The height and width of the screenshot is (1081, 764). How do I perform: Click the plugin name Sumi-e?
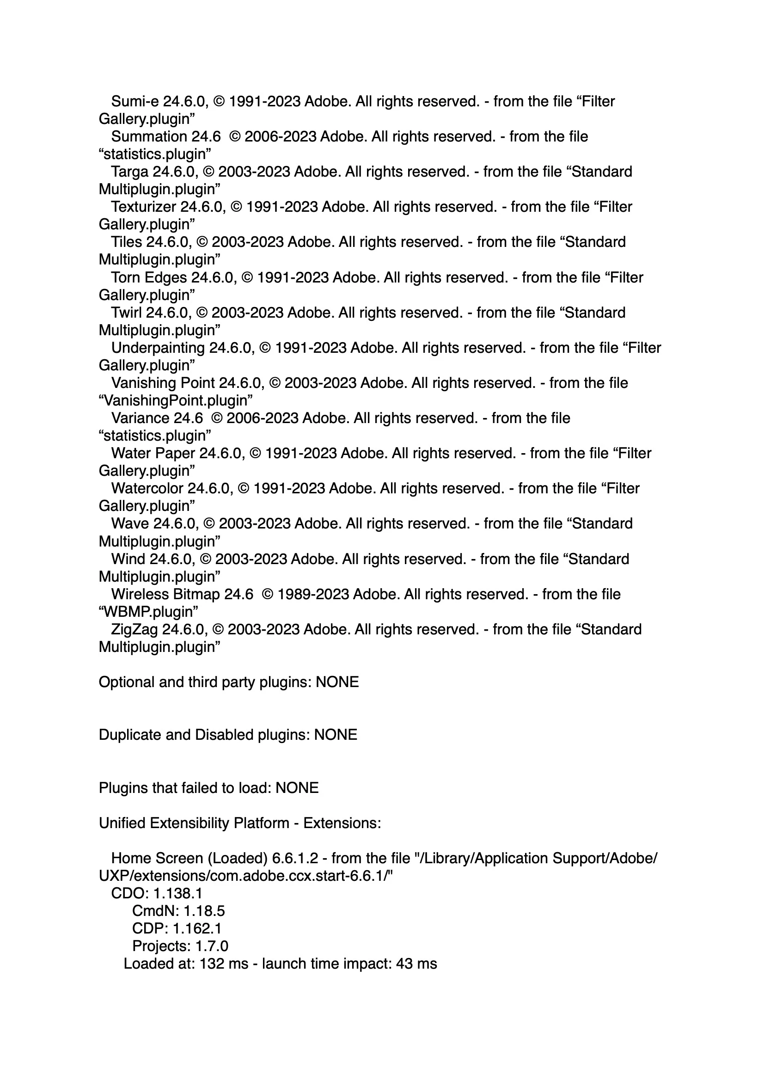(x=135, y=102)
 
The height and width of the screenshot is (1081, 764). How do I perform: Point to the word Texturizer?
(x=144, y=207)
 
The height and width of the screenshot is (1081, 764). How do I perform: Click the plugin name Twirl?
(x=126, y=313)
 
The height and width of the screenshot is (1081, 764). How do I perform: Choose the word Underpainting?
(x=158, y=348)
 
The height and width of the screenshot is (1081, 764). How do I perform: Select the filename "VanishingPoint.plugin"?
(x=176, y=401)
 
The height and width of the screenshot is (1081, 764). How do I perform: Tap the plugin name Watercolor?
(x=147, y=488)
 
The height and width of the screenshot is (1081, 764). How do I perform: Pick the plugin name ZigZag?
(x=134, y=629)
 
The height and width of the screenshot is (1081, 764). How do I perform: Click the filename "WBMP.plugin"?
(x=148, y=612)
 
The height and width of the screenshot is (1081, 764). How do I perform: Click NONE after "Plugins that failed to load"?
(x=297, y=788)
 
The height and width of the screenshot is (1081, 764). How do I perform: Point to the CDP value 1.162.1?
(x=197, y=928)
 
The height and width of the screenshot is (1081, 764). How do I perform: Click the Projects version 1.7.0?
(x=212, y=946)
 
